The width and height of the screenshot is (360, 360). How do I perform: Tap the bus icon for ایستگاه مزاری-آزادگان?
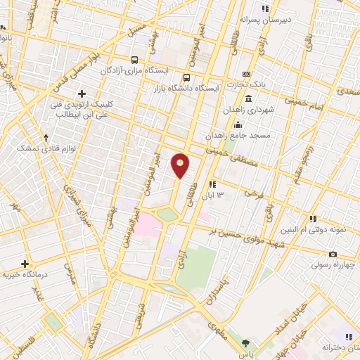(135, 60)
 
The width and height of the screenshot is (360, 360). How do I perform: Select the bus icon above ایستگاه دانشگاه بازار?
(186, 77)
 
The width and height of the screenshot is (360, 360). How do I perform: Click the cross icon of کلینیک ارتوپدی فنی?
(82, 94)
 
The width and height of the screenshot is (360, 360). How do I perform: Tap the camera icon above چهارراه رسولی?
(333, 254)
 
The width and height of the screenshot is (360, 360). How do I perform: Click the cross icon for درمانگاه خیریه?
(25, 263)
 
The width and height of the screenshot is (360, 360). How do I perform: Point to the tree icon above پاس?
(245, 343)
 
